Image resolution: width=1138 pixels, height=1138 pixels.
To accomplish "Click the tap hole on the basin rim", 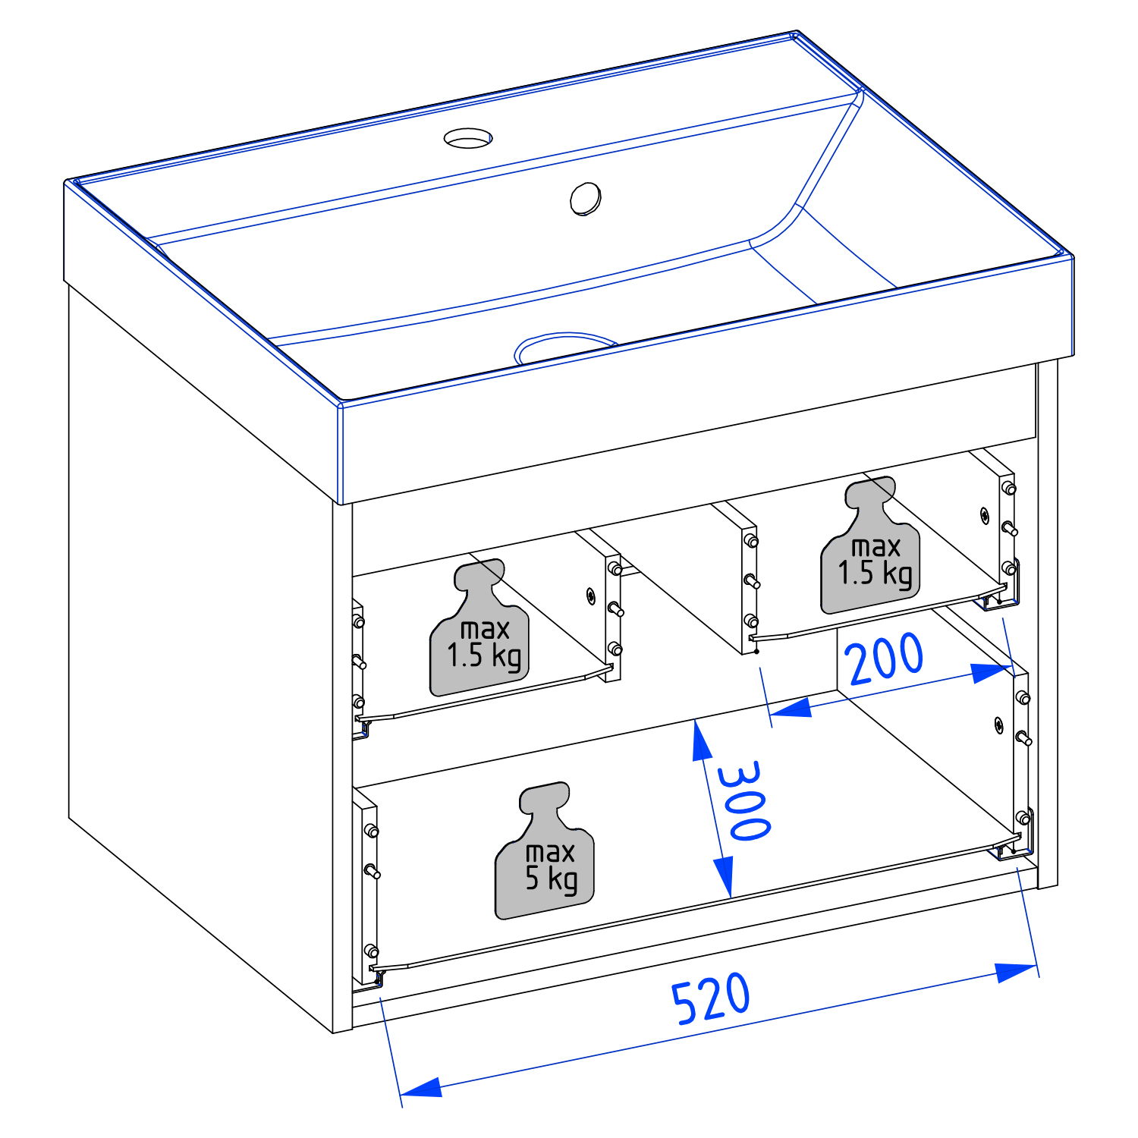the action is [x=468, y=138].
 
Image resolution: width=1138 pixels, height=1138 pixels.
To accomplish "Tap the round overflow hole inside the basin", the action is [x=586, y=199].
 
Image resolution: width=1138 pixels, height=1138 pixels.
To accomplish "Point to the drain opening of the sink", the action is [x=564, y=347].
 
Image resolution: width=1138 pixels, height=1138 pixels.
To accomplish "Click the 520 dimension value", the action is [x=711, y=998].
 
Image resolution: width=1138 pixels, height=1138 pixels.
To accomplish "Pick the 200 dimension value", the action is [x=885, y=659].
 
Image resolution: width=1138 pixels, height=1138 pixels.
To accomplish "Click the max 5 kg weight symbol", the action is [x=545, y=850].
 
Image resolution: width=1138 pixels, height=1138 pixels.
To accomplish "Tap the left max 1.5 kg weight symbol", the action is [x=479, y=627].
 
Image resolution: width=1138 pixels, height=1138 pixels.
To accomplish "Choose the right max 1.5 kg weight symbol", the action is [x=870, y=545].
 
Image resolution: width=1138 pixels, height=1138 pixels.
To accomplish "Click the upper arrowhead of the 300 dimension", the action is [x=702, y=740].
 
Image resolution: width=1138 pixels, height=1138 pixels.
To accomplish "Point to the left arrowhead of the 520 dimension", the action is [x=420, y=1087].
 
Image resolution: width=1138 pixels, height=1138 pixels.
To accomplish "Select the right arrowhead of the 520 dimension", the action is [x=1017, y=971].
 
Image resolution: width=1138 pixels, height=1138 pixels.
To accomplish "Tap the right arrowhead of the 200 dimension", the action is [x=992, y=672].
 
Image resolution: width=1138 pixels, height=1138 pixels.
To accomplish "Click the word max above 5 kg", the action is [x=550, y=853].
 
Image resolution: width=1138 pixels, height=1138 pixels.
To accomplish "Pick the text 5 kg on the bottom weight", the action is [x=552, y=879].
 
